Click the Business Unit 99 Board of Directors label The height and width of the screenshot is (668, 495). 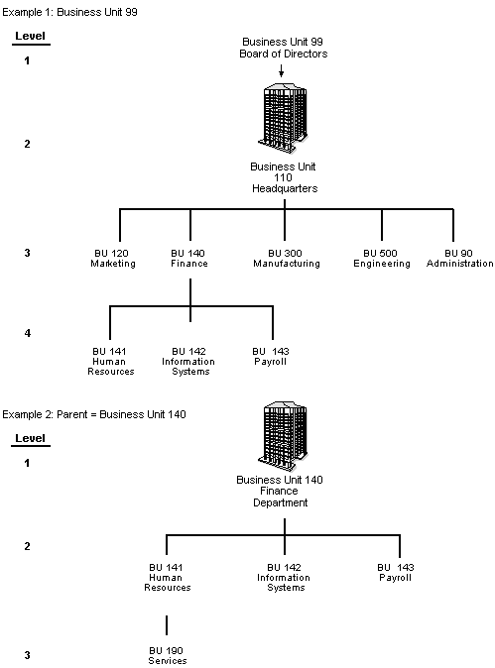pos(285,49)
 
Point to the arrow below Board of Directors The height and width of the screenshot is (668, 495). pos(285,70)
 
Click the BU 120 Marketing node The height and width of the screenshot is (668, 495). pos(112,259)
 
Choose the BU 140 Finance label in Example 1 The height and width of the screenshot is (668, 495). pos(189,259)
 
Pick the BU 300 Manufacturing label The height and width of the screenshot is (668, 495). pos(286,259)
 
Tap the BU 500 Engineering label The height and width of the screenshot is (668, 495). pos(381,259)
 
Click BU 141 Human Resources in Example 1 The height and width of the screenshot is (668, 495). pos(110,361)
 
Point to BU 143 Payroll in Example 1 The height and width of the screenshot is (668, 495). pos(270,356)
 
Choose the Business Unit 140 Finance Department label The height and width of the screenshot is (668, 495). pos(285,491)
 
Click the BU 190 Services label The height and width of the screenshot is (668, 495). pos(168,655)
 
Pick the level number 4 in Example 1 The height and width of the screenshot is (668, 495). pos(28,333)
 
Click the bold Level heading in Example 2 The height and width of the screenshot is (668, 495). pos(30,437)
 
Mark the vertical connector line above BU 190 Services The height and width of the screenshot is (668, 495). pos(167,624)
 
